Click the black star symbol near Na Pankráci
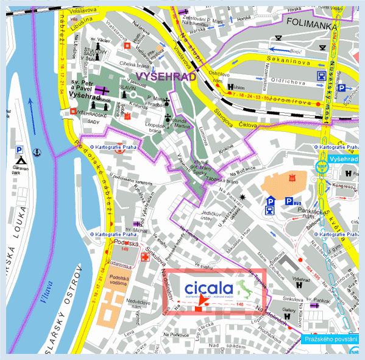click(244, 197)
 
